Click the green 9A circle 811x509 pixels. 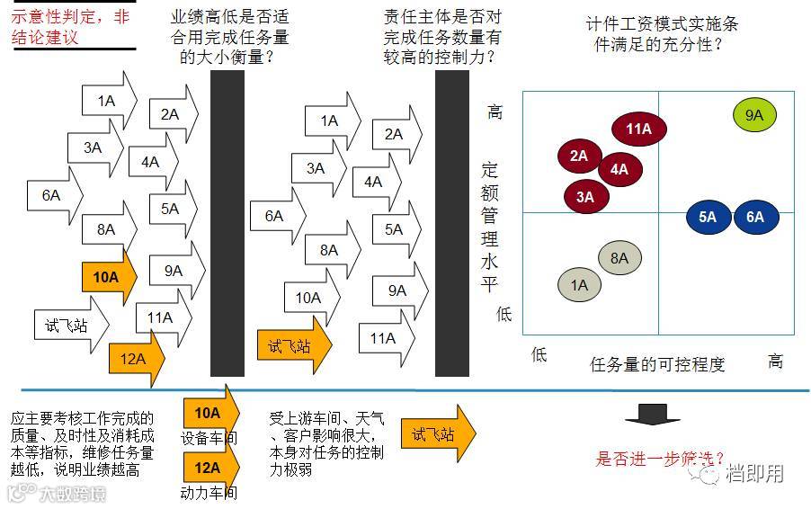[x=753, y=115]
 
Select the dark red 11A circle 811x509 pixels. [x=638, y=129]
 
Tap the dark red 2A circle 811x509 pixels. [x=578, y=156]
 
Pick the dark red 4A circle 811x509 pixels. [x=619, y=168]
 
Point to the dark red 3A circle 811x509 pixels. [x=585, y=196]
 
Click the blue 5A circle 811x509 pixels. [x=708, y=217]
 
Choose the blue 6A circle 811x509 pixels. [x=755, y=217]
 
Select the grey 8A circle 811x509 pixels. [x=619, y=259]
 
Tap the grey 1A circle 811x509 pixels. [x=579, y=285]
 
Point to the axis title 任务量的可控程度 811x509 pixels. [x=657, y=364]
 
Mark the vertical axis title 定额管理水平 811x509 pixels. [x=490, y=227]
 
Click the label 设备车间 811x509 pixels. [x=209, y=439]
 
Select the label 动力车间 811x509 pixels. [x=209, y=493]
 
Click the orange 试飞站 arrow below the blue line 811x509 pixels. [x=436, y=433]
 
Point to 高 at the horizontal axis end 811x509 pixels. [x=775, y=362]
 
